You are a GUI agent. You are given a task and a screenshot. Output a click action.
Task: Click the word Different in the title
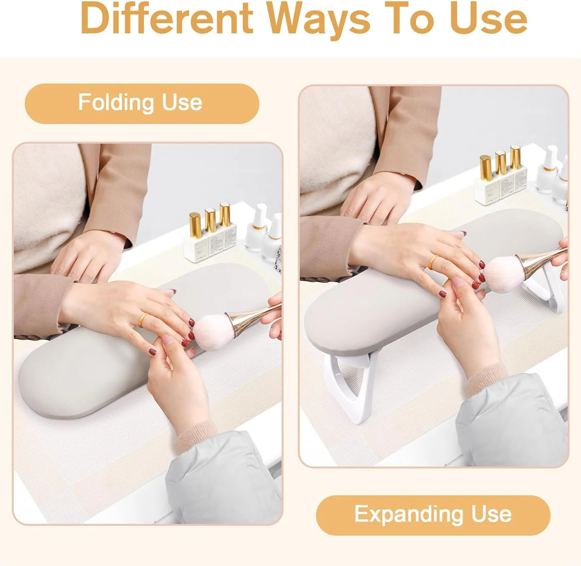[x=167, y=18]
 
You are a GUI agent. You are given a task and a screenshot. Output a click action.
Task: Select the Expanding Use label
[x=433, y=515]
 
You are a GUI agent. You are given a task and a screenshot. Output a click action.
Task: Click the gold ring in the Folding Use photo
[x=143, y=319]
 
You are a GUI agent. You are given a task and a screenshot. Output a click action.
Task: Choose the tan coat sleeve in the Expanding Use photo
[x=329, y=244]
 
